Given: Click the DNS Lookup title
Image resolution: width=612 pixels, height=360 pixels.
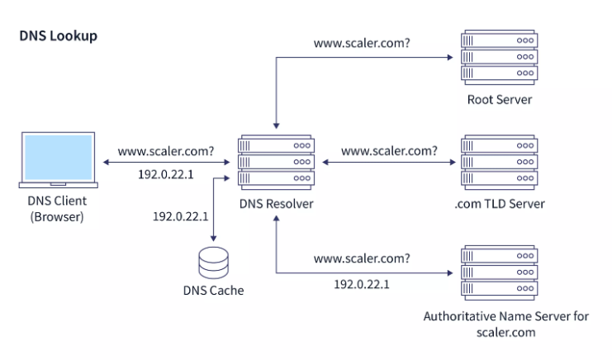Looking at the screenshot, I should [58, 37].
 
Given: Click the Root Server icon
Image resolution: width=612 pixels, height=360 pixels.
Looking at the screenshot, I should [498, 55].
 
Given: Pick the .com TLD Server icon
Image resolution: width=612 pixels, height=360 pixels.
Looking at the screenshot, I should [498, 162].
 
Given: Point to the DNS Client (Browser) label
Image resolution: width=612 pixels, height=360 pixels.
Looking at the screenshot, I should [57, 210].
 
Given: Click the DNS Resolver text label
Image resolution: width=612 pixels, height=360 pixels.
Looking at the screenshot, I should [276, 203].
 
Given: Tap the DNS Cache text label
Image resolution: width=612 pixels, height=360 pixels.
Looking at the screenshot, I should [213, 291].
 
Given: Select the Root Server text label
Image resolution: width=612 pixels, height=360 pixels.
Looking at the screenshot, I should [499, 100].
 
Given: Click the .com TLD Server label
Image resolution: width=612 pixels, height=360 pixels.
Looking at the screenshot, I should [499, 204].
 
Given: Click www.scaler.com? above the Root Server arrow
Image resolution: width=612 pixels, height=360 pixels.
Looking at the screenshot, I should [362, 42].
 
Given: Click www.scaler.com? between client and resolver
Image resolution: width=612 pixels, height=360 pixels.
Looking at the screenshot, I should [166, 151].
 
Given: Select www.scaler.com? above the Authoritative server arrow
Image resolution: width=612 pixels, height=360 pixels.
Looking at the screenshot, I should [362, 258].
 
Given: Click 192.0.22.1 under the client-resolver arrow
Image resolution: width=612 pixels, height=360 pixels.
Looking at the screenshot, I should [165, 175].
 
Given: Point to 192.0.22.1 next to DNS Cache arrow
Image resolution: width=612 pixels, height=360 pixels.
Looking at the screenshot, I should [180, 216].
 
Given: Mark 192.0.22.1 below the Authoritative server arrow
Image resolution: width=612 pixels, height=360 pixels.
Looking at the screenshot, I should [361, 283].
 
